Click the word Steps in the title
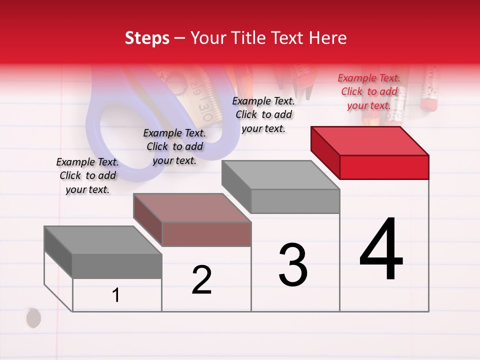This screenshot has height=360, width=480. tap(147, 38)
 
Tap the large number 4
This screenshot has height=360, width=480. tap(381, 250)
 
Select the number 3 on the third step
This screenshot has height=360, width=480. tap(293, 265)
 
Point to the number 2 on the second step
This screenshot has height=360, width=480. tap(201, 280)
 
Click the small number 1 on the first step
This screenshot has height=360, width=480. tap(116, 295)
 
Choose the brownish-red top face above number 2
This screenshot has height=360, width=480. tap(192, 208)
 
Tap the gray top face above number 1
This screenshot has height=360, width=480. tap(103, 240)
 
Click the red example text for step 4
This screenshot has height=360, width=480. tap(369, 91)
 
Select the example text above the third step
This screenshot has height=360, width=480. tap(263, 114)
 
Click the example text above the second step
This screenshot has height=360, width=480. tap(174, 146)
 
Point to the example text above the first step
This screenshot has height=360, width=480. tap(87, 175)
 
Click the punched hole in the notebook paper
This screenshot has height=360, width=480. tap(33, 317)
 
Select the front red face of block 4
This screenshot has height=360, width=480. tap(384, 167)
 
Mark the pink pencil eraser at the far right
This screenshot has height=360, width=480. tap(428, 102)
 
